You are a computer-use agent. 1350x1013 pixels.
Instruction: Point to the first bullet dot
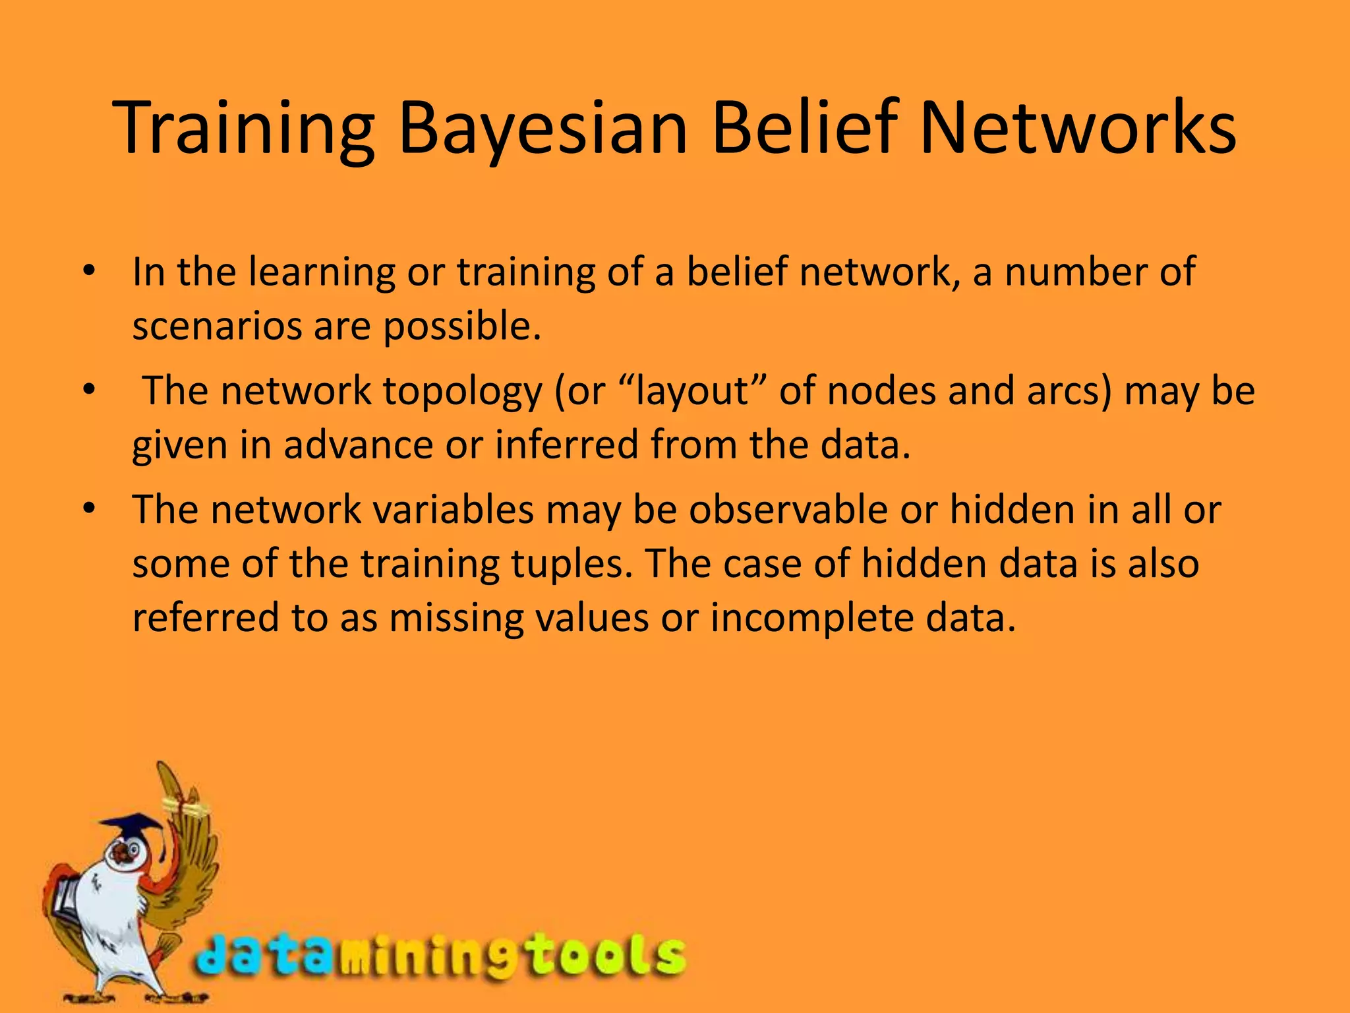90,271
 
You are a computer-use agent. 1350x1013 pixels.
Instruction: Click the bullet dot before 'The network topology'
90,390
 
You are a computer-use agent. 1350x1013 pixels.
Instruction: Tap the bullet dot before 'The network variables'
90,509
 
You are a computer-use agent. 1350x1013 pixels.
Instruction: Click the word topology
462,391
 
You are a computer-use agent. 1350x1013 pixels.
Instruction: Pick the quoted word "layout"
692,391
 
